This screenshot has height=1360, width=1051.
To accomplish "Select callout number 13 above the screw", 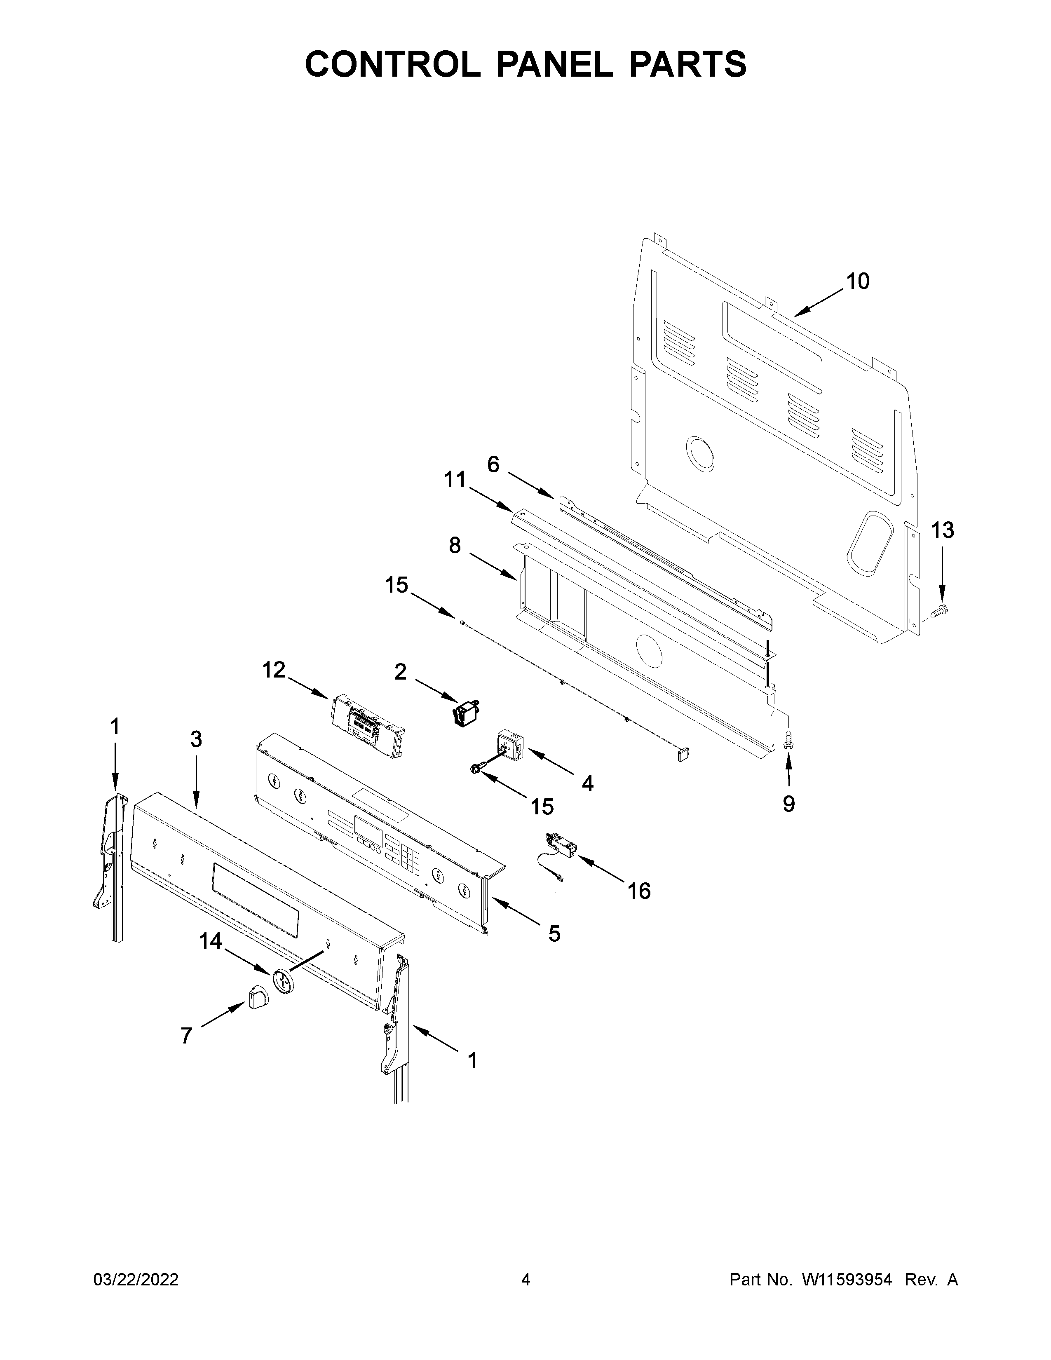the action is [x=943, y=530].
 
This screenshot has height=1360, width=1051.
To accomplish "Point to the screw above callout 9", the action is [x=788, y=740].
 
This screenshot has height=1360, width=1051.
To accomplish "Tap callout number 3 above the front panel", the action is [x=196, y=740].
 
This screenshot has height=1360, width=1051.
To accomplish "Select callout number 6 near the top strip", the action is [x=493, y=464].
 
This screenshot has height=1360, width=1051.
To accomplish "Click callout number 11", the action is [x=455, y=480].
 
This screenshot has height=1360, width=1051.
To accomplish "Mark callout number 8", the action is [x=455, y=546].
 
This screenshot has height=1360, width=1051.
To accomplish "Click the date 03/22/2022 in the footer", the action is [x=136, y=1280].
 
